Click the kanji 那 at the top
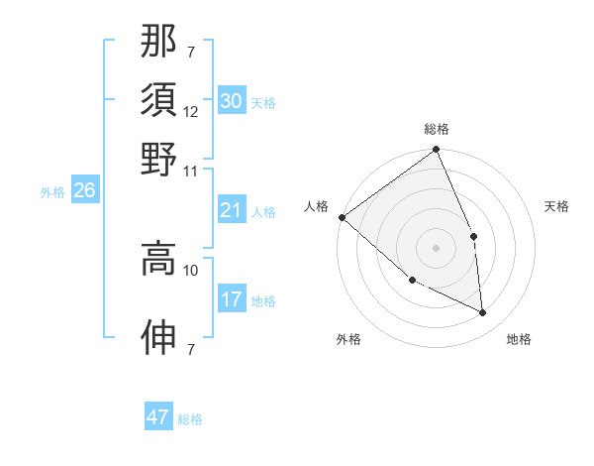coord(158,41)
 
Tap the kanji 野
coord(158,158)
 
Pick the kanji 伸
coord(158,338)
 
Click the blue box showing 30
coord(231,101)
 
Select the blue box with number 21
coord(231,210)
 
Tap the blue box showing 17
coord(231,299)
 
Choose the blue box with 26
coord(84,191)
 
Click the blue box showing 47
coord(158,417)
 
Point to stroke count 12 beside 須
coord(190,111)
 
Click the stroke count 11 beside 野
coord(190,171)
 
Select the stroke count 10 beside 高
coord(190,270)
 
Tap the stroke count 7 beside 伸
coord(190,349)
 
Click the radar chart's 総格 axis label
coord(437,129)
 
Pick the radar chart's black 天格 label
coord(557,206)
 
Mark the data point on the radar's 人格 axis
coord(342,217)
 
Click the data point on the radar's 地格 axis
coord(483,313)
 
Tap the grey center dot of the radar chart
coord(437,248)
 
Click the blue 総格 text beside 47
coord(190,419)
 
